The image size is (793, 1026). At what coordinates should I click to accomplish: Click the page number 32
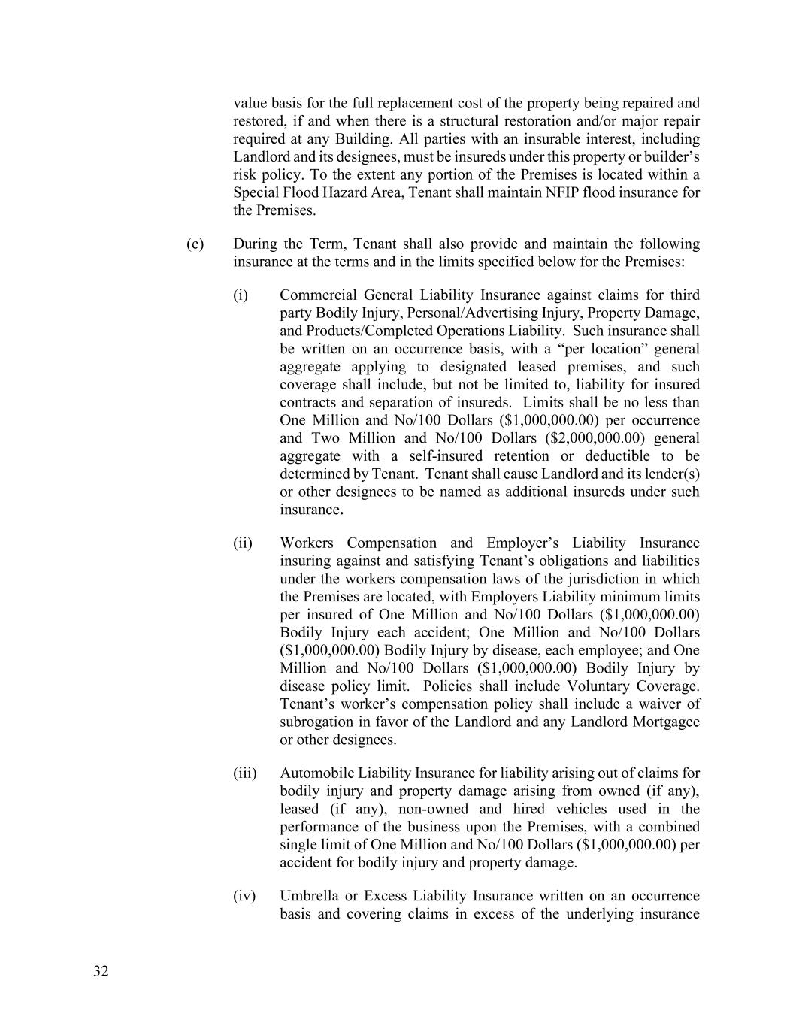(101, 971)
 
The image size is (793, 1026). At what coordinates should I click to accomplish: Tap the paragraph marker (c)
(195, 244)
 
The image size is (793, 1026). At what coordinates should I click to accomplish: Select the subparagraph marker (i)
(240, 295)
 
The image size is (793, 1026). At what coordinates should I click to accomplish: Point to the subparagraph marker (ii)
(242, 543)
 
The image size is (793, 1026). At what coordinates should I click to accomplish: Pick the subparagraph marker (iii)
(244, 773)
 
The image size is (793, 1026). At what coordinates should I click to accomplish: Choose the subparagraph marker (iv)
(244, 897)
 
